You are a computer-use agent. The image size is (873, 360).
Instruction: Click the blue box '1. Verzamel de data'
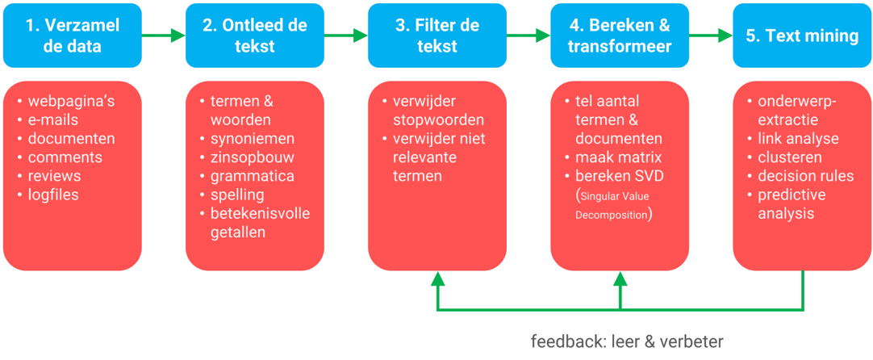click(x=73, y=36)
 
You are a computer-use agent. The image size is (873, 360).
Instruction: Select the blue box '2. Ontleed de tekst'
click(x=254, y=36)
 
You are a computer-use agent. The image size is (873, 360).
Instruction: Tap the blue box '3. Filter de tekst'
click(x=437, y=36)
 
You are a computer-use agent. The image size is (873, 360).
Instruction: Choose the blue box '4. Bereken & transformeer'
click(x=620, y=36)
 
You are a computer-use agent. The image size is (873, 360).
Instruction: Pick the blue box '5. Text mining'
click(x=801, y=36)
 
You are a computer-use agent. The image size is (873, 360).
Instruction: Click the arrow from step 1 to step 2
click(x=163, y=36)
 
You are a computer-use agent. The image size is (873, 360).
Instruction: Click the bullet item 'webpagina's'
click(x=71, y=102)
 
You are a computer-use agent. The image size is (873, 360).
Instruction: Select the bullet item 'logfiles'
click(x=59, y=195)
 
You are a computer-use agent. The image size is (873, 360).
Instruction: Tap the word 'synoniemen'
click(x=252, y=139)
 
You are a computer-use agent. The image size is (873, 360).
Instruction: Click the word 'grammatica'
click(x=252, y=176)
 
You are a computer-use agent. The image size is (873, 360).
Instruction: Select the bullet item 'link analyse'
click(x=792, y=139)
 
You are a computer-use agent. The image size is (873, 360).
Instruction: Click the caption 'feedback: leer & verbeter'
click(x=627, y=341)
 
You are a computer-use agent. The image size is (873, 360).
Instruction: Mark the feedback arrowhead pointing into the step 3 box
click(x=438, y=280)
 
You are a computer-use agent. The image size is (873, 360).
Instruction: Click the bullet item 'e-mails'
click(x=59, y=120)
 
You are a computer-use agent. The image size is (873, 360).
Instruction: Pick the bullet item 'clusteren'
click(x=789, y=157)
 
